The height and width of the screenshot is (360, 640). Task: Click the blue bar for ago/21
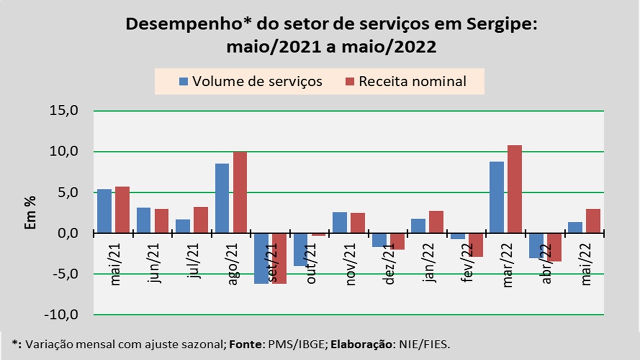pos(222,198)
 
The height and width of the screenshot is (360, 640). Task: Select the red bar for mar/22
pos(514,189)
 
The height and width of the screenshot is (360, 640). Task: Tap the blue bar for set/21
pos(261,258)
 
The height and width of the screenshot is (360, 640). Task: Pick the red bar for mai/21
pos(122,209)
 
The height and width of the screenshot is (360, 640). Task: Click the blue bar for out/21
pos(300,249)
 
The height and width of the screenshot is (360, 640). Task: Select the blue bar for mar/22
pos(496,197)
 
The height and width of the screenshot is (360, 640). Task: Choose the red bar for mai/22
pos(593,220)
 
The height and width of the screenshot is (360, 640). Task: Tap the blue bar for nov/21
pos(339,222)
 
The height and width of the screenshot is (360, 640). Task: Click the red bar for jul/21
pos(201,219)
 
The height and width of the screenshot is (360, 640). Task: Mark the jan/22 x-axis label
pos(429,263)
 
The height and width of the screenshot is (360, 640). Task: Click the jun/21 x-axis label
pos(155,263)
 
